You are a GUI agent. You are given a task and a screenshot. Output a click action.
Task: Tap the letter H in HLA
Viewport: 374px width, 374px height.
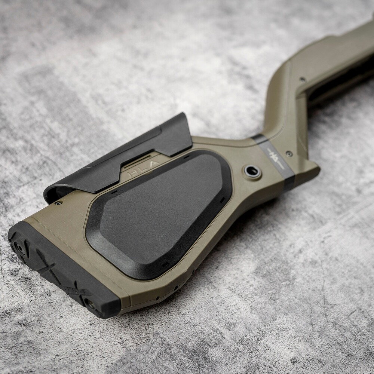point(132,173)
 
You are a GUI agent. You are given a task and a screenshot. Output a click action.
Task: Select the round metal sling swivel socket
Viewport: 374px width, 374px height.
point(252,172)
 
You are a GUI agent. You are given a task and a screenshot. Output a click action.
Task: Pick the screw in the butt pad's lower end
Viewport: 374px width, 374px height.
point(91,305)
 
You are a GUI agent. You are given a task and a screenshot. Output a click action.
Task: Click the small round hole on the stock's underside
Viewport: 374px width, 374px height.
point(175,288)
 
